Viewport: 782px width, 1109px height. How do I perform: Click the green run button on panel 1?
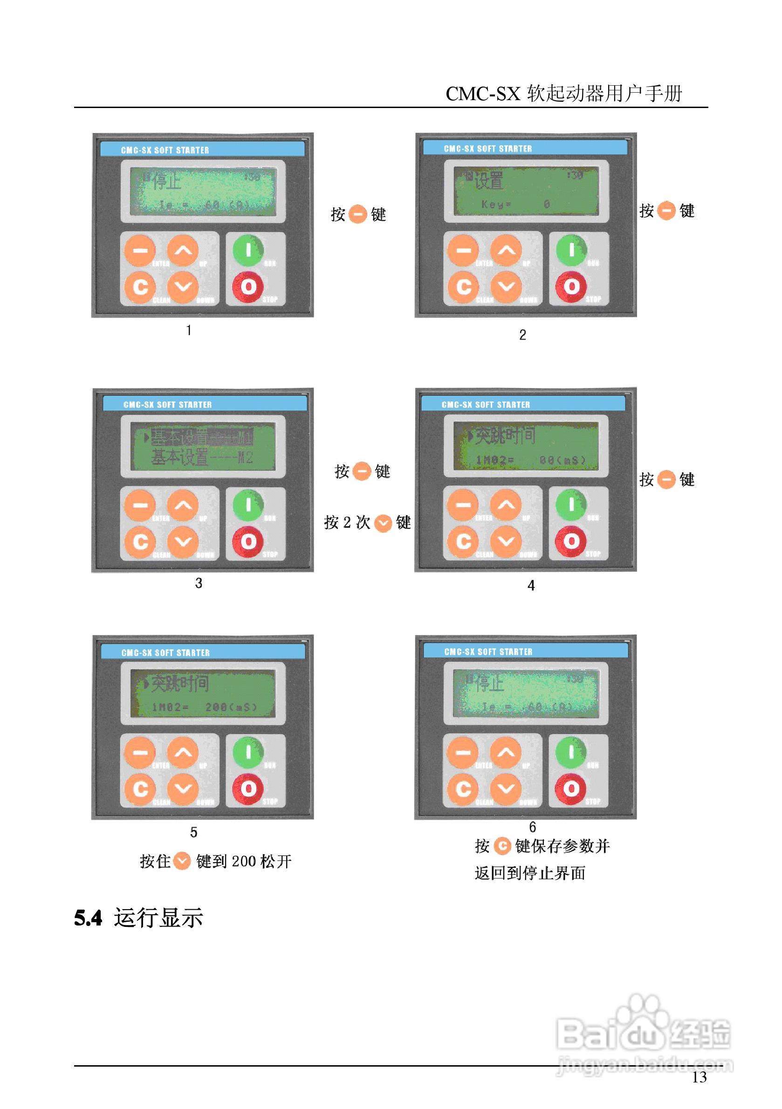(248, 250)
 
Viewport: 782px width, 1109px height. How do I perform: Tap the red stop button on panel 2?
(571, 286)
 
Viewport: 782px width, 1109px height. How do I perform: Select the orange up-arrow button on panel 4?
(506, 505)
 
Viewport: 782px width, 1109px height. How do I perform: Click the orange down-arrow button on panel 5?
(183, 789)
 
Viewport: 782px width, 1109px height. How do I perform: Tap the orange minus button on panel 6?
(462, 753)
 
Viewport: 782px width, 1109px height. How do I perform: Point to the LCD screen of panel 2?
(526, 191)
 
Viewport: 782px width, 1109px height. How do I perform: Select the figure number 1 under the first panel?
(189, 330)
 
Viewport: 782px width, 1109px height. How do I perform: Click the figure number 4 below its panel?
(531, 585)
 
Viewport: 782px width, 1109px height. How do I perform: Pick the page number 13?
(699, 1077)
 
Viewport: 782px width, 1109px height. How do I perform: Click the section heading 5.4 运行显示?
(139, 918)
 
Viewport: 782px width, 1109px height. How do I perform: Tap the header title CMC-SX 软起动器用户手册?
(563, 94)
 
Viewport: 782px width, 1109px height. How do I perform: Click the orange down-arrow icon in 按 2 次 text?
(383, 523)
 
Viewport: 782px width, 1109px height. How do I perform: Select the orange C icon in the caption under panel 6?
(503, 846)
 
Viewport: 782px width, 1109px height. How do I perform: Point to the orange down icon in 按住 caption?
(182, 861)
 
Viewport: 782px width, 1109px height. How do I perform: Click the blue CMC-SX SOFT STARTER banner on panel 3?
(205, 404)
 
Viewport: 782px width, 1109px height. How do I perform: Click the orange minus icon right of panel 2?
(666, 211)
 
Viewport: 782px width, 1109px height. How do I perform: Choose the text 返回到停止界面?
(530, 873)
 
